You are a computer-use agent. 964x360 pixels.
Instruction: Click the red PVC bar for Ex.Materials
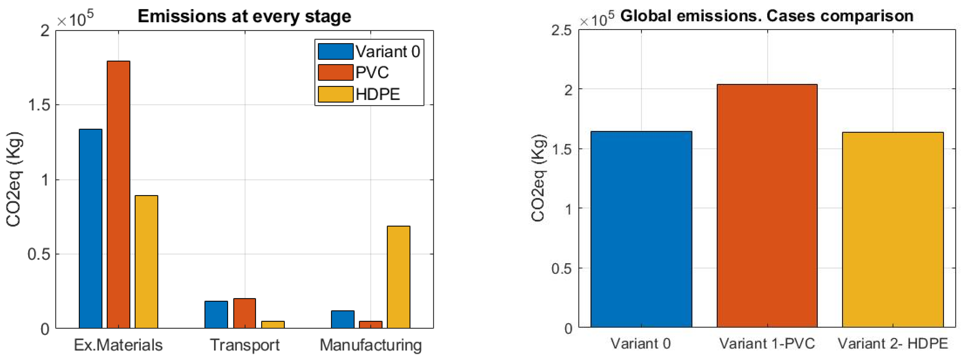(x=118, y=195)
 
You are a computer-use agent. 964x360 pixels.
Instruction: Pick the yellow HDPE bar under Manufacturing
(x=399, y=277)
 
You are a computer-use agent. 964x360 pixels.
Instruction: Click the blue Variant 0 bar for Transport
(x=216, y=314)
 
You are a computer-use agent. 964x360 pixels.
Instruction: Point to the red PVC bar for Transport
(x=244, y=313)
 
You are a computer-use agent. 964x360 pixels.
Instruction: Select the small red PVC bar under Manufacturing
(x=370, y=324)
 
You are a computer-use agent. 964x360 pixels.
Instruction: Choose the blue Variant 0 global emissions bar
(x=641, y=229)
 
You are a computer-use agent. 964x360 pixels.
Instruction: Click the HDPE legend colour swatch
(x=335, y=94)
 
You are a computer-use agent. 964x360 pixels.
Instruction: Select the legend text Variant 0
(x=388, y=52)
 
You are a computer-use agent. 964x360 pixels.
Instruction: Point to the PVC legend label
(x=372, y=73)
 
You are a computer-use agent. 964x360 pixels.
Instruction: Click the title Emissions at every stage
(x=244, y=16)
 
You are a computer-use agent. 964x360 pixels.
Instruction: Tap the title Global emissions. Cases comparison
(x=767, y=16)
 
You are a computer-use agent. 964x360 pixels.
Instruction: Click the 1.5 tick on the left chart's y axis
(x=39, y=105)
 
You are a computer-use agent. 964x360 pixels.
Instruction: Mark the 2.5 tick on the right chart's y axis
(x=561, y=30)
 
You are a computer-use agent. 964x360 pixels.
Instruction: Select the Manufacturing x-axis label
(x=370, y=345)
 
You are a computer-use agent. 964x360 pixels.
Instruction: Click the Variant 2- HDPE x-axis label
(x=892, y=343)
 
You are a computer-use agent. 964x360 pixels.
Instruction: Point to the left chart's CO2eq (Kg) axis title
(x=14, y=180)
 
